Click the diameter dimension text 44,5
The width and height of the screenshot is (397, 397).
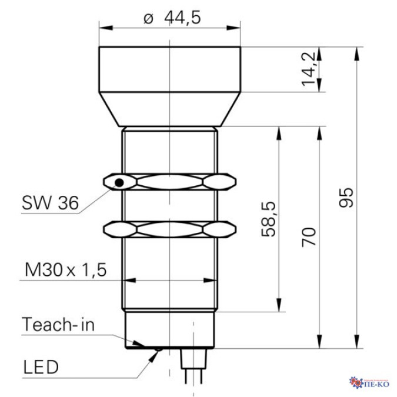pyautogui.click(x=182, y=18)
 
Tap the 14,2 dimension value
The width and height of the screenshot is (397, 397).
pyautogui.click(x=308, y=69)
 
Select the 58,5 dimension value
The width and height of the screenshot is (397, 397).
pyautogui.click(x=268, y=219)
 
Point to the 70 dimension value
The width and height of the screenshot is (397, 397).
pyautogui.click(x=309, y=237)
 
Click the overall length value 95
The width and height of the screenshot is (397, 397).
pyautogui.click(x=346, y=198)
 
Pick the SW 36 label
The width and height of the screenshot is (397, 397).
pyautogui.click(x=51, y=203)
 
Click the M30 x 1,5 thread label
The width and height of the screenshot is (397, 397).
pyautogui.click(x=65, y=269)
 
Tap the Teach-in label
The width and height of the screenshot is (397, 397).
pyautogui.click(x=58, y=324)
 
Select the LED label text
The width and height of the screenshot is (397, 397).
pyautogui.click(x=41, y=367)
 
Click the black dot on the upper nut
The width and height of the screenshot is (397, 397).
pyautogui.click(x=119, y=182)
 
